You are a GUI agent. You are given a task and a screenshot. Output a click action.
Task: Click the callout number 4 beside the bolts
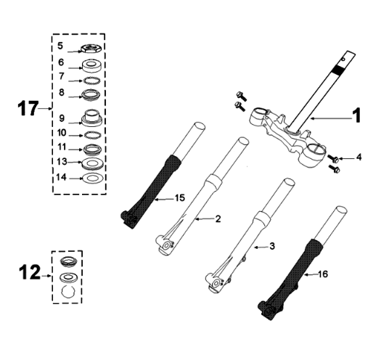[358, 157]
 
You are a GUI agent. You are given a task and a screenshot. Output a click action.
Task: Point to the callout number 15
[179, 197]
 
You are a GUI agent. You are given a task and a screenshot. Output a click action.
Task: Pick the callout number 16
[324, 274]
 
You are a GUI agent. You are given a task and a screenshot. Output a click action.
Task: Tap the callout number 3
[271, 246]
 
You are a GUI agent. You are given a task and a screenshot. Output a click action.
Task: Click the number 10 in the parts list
[62, 134]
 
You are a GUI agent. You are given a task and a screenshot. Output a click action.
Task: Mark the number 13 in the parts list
[62, 162]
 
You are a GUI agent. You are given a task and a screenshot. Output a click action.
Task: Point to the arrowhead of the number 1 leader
[310, 116]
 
